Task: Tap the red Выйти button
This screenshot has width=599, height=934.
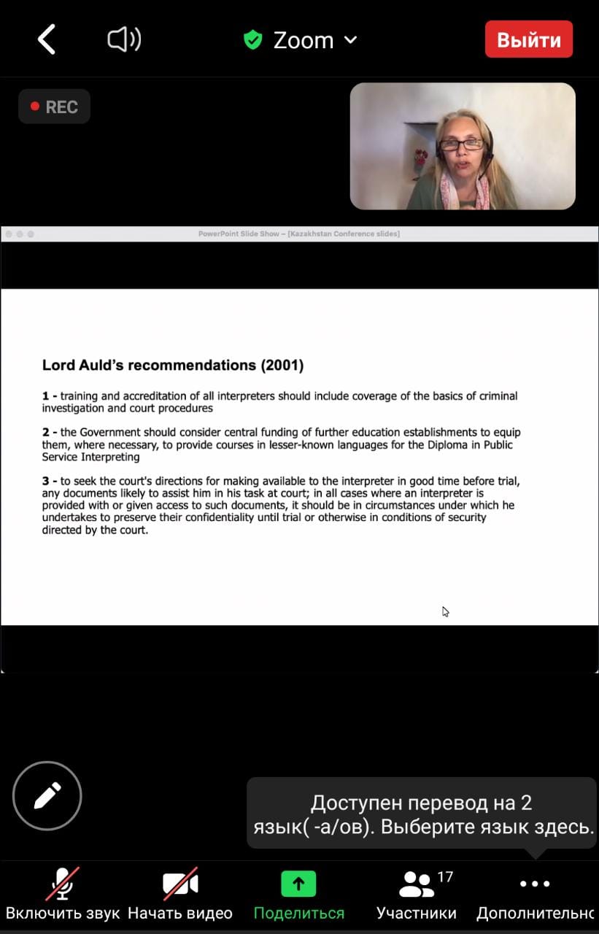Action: pos(528,39)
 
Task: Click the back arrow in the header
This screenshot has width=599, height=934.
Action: pos(47,39)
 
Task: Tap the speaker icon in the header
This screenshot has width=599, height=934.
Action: pos(124,39)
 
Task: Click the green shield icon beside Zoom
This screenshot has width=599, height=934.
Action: pos(253,39)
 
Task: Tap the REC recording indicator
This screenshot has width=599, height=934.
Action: pos(54,107)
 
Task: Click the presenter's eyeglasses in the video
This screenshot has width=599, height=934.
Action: pos(461,144)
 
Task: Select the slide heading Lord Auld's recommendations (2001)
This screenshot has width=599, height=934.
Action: pos(173,365)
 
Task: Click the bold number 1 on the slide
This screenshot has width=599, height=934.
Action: pos(46,396)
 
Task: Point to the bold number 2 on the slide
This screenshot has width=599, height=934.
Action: pos(46,432)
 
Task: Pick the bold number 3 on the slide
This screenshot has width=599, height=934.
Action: pos(46,481)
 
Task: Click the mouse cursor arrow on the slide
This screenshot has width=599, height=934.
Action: pos(445,611)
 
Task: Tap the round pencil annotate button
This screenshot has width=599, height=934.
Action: pos(47,795)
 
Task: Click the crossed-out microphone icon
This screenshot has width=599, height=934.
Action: pos(63,884)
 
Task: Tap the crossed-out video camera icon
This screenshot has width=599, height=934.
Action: pos(180,884)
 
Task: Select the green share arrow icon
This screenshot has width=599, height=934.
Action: pos(298,884)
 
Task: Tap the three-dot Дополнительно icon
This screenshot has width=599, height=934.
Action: pos(535,884)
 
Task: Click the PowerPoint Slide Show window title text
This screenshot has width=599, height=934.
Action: pos(299,234)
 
